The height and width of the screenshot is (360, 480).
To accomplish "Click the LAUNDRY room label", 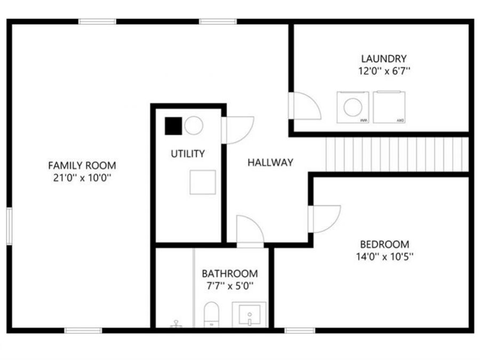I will pos(383,59).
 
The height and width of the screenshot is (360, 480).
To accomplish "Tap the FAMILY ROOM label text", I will pos(82,165).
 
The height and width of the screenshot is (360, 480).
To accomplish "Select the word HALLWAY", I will pos(270,163).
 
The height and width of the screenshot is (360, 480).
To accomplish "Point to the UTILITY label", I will pos(188,154).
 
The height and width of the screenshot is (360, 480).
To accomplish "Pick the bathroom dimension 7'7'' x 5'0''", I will pos(230,285).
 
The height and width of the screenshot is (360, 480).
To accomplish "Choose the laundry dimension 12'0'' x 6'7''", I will pos(383,70).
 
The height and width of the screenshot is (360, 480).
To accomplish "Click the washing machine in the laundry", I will pos(353,107).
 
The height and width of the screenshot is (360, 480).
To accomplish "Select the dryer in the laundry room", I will pos(389,107).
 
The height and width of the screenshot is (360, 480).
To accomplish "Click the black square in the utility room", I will pos(173,126).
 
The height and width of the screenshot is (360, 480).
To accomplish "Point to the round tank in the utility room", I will pos(194,126).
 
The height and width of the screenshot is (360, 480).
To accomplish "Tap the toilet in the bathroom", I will pos(211,314).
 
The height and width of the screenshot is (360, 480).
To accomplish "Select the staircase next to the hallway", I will pos(397,154).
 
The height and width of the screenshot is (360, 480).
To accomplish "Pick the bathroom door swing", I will pos(249,230).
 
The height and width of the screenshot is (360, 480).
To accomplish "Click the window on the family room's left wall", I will pos(9,226).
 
